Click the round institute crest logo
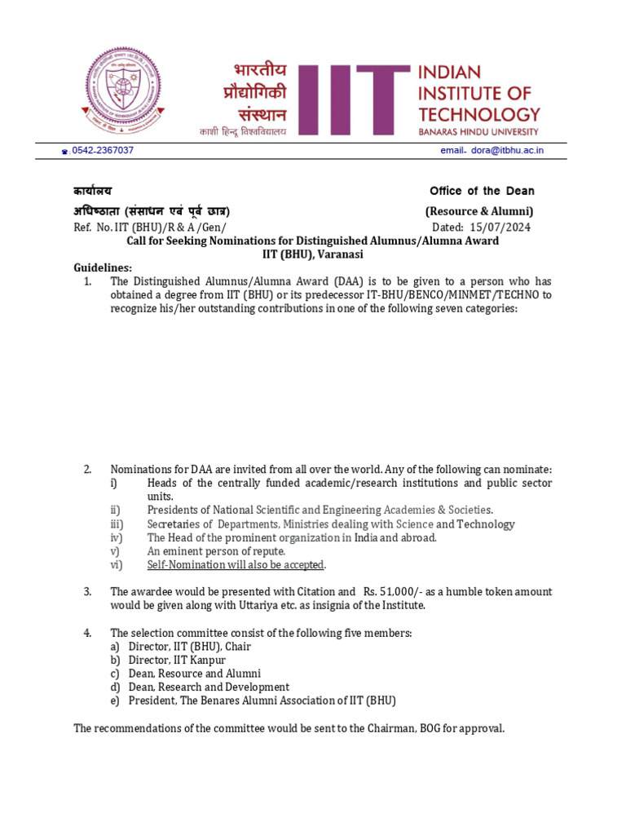tap(118, 91)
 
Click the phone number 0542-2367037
tap(103, 151)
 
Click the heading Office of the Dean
tap(482, 191)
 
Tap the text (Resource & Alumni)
tap(480, 211)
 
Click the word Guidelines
tap(102, 268)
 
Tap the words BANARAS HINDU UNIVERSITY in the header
tap(478, 130)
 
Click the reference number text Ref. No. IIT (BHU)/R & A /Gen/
tap(150, 227)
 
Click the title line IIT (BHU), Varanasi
tap(312, 254)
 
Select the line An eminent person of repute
tap(216, 551)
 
